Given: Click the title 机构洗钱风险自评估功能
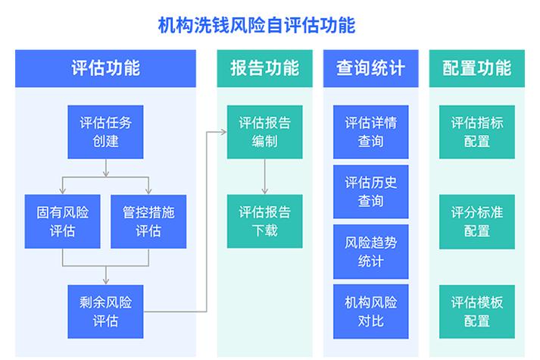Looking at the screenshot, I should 257,25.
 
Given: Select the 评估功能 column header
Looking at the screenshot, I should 105,68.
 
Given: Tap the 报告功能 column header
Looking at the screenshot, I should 264,68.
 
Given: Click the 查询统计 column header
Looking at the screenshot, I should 370,68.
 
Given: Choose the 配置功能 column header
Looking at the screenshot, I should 476,68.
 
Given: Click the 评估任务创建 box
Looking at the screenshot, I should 105,132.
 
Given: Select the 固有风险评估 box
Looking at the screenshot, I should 62,221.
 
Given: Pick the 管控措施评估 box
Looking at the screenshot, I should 148,221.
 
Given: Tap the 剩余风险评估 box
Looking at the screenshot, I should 105,311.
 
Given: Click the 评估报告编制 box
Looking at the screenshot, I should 264,132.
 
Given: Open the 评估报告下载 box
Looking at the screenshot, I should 264,221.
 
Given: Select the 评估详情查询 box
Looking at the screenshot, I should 370,132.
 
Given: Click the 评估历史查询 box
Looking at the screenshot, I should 370,192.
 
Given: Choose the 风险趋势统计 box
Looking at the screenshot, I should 370,252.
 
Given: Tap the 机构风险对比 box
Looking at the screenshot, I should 370,311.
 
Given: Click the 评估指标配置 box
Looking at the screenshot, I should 476,132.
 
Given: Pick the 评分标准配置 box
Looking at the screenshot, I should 476,221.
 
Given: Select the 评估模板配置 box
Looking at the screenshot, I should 476,311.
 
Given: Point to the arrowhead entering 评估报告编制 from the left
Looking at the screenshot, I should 223,132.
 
